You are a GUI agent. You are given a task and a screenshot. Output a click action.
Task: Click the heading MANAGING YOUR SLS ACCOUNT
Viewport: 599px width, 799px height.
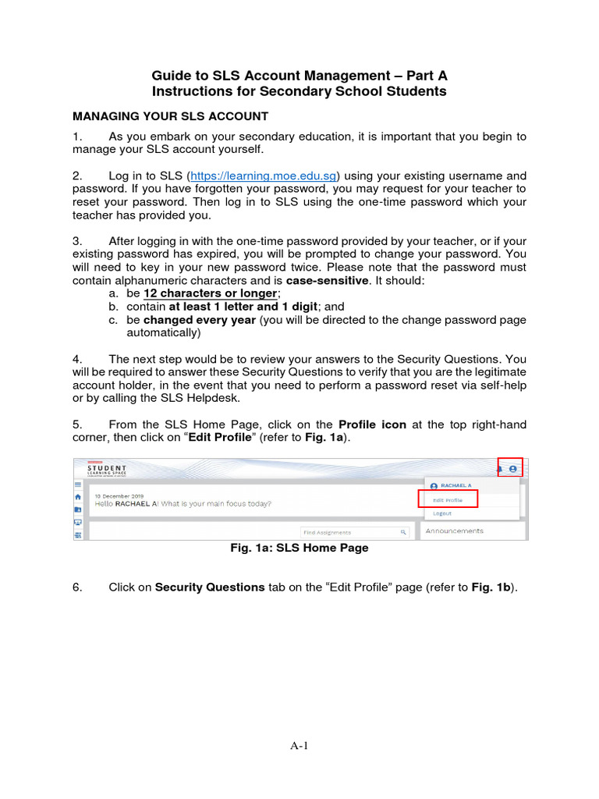pyautogui.click(x=170, y=116)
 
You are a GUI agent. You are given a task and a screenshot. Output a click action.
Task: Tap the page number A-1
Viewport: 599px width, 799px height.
pyautogui.click(x=299, y=746)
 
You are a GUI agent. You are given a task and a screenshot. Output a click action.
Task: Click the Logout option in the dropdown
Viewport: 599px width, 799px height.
pyautogui.click(x=442, y=513)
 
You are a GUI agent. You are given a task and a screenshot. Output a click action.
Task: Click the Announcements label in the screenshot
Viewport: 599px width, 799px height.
pyautogui.click(x=454, y=531)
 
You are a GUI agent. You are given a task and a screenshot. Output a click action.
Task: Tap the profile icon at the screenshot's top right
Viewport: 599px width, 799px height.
pyautogui.click(x=512, y=469)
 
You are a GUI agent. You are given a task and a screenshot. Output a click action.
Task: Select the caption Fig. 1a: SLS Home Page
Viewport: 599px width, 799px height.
pyautogui.click(x=299, y=549)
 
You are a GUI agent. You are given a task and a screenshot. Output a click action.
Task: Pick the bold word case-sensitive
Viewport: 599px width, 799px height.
pyautogui.click(x=327, y=280)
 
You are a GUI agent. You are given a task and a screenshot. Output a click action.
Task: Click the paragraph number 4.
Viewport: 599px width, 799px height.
pyautogui.click(x=77, y=359)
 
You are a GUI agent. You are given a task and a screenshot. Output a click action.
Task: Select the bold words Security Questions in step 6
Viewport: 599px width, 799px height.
pyautogui.click(x=210, y=588)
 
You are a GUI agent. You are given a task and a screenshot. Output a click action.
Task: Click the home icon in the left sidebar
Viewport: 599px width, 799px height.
pyautogui.click(x=78, y=497)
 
